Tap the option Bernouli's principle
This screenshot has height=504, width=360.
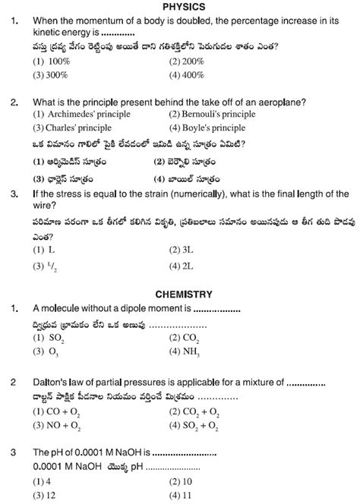click(201, 114)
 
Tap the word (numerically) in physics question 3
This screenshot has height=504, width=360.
click(194, 194)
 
